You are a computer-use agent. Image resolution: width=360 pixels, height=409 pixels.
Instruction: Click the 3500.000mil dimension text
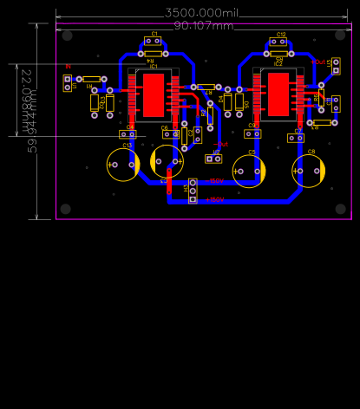(201, 13)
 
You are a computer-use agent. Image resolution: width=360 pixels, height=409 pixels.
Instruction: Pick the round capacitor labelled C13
(124, 164)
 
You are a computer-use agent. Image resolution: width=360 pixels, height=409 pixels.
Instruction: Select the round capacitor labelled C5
(249, 171)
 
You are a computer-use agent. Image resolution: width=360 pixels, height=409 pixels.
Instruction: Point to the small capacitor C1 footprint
(153, 41)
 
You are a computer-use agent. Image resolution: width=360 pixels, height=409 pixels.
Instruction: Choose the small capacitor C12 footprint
(278, 41)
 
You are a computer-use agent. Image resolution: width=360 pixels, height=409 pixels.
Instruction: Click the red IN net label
(68, 66)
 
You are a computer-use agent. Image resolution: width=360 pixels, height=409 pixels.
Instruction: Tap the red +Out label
(317, 62)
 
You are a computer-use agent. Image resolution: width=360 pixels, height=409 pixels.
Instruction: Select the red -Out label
(221, 144)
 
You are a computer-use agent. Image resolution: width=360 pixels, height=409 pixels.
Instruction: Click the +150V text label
(215, 181)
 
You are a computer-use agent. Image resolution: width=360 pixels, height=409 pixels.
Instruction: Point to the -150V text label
(215, 199)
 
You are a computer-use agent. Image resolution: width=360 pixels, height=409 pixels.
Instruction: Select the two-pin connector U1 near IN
(67, 83)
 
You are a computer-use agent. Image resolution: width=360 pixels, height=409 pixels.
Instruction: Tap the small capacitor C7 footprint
(296, 137)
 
